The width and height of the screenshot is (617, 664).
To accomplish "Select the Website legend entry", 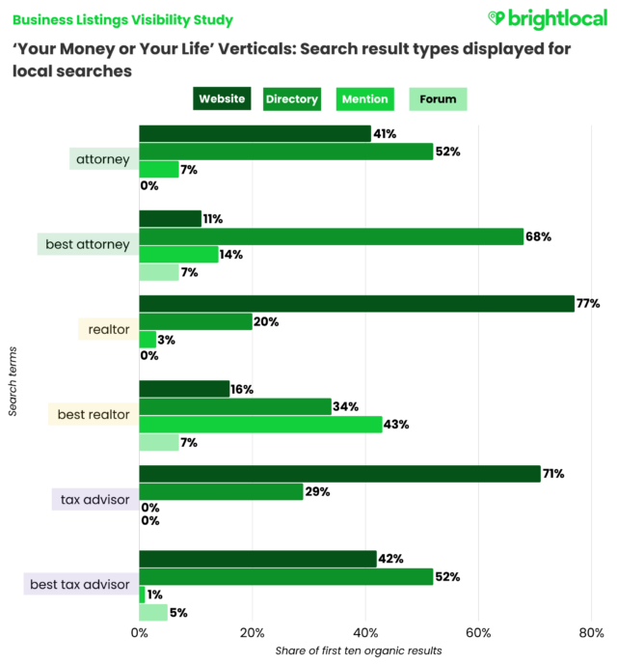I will pyautogui.click(x=222, y=98).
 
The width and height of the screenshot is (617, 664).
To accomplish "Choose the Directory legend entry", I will pyautogui.click(x=291, y=98).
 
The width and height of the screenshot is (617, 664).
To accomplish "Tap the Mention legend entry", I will pyautogui.click(x=364, y=98).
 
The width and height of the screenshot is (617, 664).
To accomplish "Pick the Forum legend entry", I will pyautogui.click(x=438, y=98).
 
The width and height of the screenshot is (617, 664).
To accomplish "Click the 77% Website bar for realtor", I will pyautogui.click(x=357, y=304).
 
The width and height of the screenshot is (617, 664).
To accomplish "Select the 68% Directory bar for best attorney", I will pyautogui.click(x=331, y=236).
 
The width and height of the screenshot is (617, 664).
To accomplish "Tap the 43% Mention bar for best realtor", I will pyautogui.click(x=260, y=425).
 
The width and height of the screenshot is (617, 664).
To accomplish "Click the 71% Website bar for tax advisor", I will pyautogui.click(x=339, y=474).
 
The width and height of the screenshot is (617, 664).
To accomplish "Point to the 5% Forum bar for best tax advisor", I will pyautogui.click(x=153, y=612).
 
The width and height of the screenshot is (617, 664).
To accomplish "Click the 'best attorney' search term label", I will pyautogui.click(x=87, y=244).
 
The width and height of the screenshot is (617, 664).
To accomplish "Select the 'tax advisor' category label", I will pyautogui.click(x=92, y=499).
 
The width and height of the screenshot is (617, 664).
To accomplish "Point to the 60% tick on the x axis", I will pyautogui.click(x=478, y=633).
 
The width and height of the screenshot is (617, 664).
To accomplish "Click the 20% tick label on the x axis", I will pyautogui.click(x=253, y=633).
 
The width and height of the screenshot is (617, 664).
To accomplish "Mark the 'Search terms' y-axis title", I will pyautogui.click(x=13, y=384).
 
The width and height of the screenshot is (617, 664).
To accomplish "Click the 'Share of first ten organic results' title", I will pyautogui.click(x=359, y=651).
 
